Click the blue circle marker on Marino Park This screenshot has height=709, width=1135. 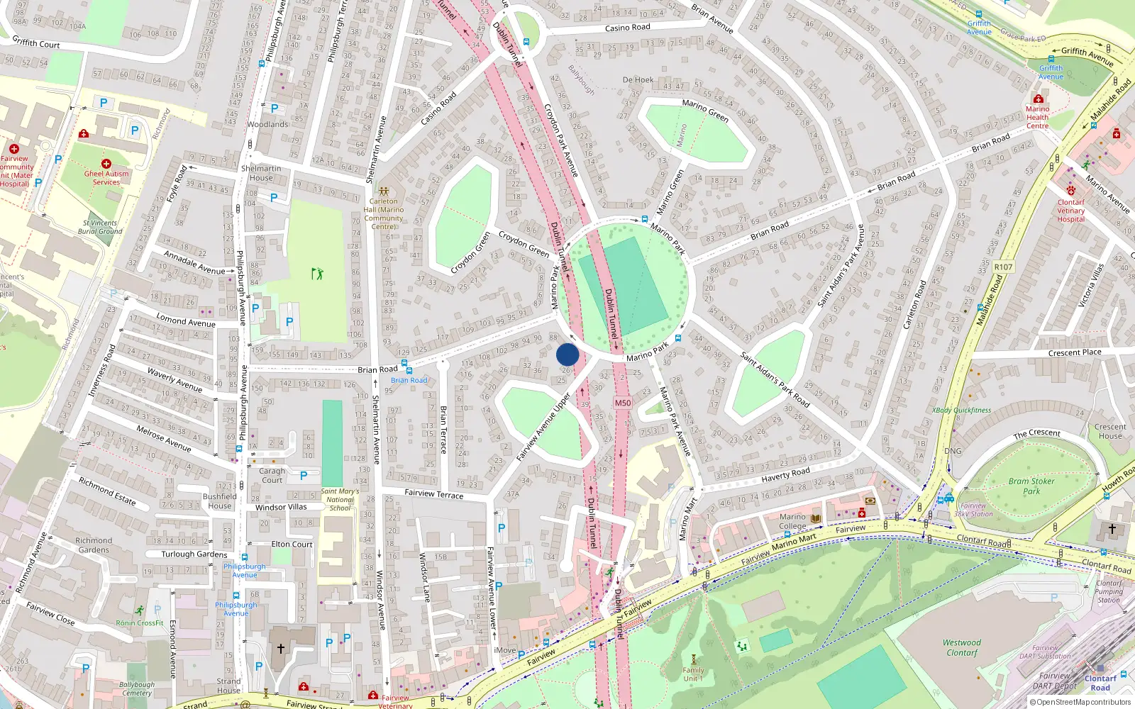[x=567, y=354]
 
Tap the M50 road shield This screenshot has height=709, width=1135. [x=622, y=403]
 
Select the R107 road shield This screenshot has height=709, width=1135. [x=1003, y=267]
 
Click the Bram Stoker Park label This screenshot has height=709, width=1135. [x=1031, y=486]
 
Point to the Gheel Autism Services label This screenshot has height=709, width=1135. [x=106, y=177]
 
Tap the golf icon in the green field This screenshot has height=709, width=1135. [x=317, y=273]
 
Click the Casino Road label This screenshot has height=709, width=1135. [x=627, y=28]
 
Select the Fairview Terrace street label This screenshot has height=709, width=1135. [x=433, y=493]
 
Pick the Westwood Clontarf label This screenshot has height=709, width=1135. [x=962, y=647]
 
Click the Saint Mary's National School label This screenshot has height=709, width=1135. [x=340, y=499]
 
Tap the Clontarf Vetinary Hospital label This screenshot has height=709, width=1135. [x=1070, y=211]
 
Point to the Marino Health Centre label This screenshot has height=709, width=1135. [x=1037, y=117]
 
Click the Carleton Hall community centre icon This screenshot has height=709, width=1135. [x=384, y=191]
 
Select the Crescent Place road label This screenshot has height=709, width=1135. [x=1075, y=352]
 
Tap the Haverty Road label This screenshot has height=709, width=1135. [x=785, y=474]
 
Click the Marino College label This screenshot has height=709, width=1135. [x=792, y=521]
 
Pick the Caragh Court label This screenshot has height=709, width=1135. [x=272, y=475]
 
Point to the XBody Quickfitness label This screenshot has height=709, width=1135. [x=961, y=410]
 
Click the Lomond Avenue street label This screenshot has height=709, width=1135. [x=186, y=320]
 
